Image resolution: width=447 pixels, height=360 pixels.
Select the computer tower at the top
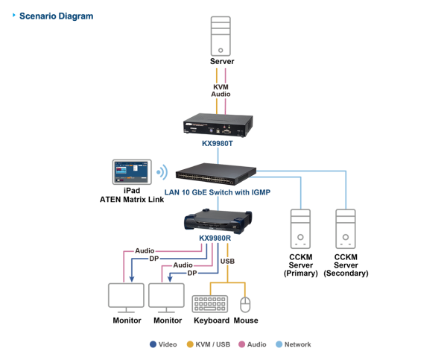click(x=220, y=35)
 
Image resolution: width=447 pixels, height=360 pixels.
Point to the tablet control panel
click(x=131, y=171)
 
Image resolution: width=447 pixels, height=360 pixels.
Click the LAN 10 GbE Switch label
click(x=217, y=191)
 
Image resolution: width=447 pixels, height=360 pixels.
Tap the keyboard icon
click(x=209, y=303)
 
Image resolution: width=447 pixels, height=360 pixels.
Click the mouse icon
click(x=246, y=303)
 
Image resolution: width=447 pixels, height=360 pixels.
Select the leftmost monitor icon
click(x=126, y=297)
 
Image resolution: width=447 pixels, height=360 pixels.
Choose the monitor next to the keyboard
click(x=166, y=297)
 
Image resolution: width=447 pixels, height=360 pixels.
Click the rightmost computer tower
click(x=346, y=228)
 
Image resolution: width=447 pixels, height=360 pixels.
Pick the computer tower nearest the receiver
click(x=299, y=228)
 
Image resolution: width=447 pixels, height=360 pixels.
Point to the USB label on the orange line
click(x=227, y=262)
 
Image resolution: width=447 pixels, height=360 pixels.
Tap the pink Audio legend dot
click(x=241, y=344)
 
